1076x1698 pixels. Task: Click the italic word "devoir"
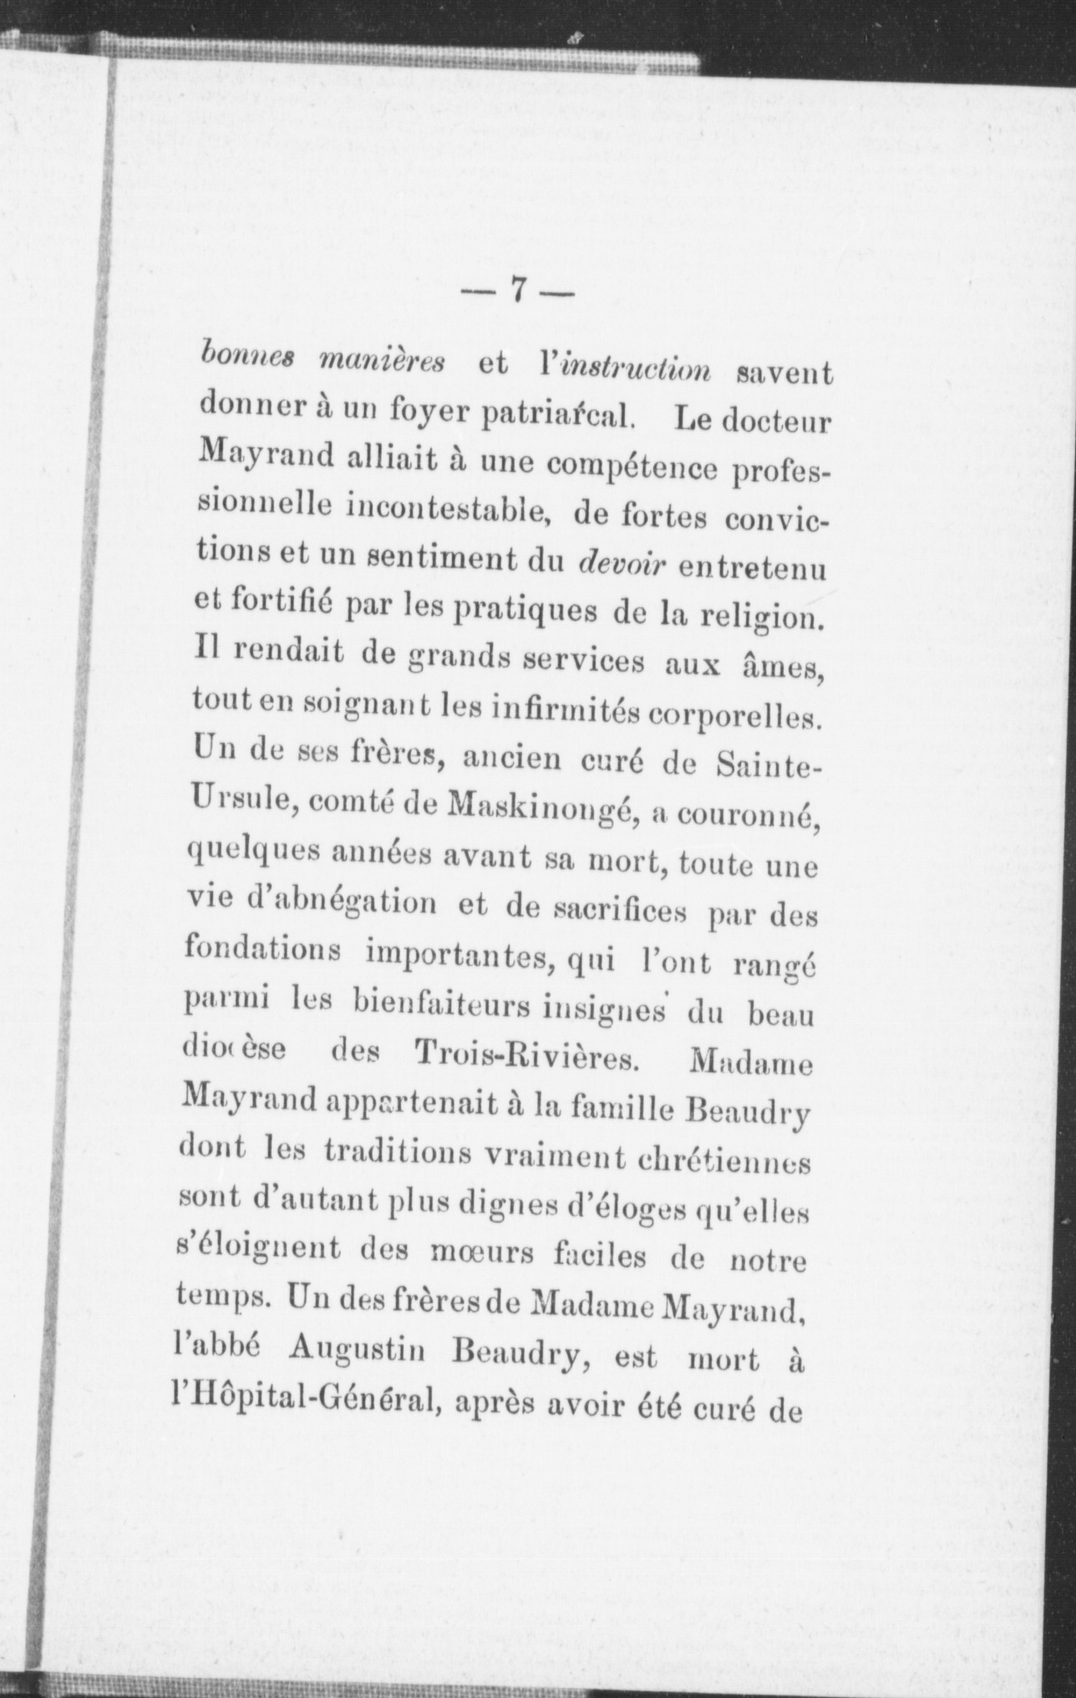tap(622, 566)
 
